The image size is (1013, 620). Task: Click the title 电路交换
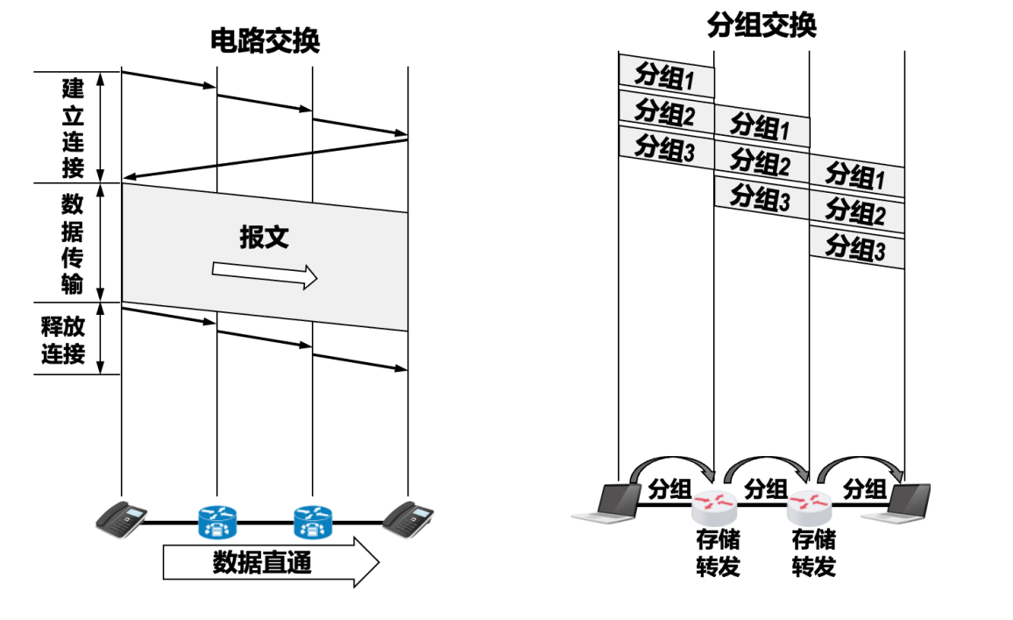click(265, 41)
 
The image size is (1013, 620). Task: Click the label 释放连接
click(62, 340)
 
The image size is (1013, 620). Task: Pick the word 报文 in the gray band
click(264, 238)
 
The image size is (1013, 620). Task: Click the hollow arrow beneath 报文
click(264, 275)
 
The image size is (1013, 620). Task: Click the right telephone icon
click(408, 517)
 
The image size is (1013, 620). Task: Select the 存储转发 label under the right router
click(813, 552)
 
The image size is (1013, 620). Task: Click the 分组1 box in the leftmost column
click(666, 77)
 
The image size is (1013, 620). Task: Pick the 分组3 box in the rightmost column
click(856, 247)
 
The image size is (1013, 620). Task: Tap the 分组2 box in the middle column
click(761, 162)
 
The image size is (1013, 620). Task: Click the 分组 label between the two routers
click(765, 488)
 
